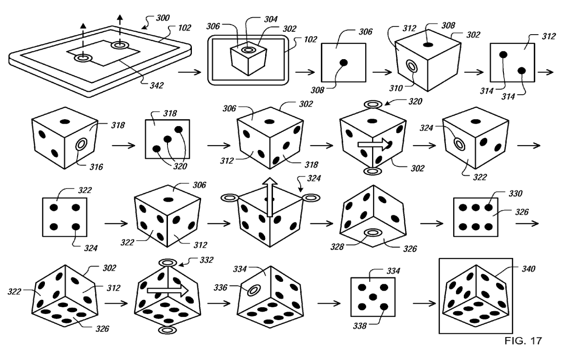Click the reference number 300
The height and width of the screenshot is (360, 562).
(163, 18)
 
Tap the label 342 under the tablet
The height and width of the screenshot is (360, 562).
(157, 85)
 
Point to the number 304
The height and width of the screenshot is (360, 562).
(271, 19)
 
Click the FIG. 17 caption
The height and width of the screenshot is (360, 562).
(523, 340)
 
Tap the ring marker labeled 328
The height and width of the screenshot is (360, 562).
(373, 233)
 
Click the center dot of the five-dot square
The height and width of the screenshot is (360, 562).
(373, 297)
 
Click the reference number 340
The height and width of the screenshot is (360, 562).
(528, 269)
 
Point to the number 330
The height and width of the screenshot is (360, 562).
(516, 193)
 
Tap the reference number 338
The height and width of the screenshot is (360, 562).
(360, 326)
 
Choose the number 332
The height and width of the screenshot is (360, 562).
(207, 260)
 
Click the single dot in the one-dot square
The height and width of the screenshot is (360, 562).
(343, 63)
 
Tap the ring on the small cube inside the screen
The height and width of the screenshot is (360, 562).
(248, 49)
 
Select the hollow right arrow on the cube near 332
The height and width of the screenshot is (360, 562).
(168, 290)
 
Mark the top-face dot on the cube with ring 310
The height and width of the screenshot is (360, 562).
(427, 44)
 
